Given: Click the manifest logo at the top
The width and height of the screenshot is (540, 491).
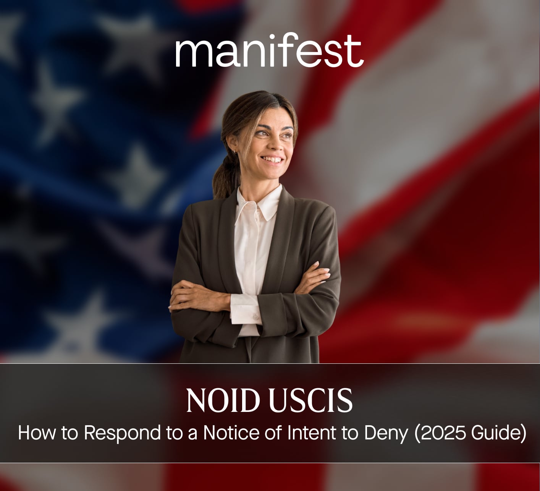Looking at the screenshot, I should click(x=269, y=50).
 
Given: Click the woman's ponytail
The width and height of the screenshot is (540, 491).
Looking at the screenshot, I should click(x=225, y=180).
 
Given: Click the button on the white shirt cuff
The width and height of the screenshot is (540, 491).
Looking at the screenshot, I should click(x=255, y=317).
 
